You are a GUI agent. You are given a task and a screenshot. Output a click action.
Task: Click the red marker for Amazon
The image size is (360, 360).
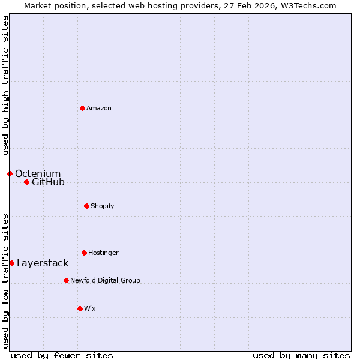(x=82, y=108)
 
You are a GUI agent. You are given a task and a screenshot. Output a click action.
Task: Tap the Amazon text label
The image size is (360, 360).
(x=99, y=109)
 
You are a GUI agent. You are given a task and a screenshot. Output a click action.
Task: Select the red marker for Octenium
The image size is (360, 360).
(x=10, y=173)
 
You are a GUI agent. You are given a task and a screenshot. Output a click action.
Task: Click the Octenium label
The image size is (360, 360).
(x=38, y=174)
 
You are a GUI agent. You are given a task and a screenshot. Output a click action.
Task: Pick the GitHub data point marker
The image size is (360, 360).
(x=26, y=182)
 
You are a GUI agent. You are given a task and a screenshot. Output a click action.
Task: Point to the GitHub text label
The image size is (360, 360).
(x=48, y=182)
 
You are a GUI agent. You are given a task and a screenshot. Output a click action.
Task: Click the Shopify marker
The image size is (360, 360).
(x=86, y=206)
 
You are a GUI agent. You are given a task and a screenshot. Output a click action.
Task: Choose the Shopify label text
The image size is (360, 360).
(x=103, y=206)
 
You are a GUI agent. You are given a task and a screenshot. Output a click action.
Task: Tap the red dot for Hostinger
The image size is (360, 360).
(x=84, y=253)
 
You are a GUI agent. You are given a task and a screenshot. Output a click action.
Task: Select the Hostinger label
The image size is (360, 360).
(x=103, y=253)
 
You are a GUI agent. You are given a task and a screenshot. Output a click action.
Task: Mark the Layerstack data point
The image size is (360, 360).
(x=11, y=263)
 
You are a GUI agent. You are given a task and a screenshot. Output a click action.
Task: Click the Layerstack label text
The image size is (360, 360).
(x=43, y=263)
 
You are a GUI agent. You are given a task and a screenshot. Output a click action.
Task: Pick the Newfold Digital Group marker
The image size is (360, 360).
(x=66, y=280)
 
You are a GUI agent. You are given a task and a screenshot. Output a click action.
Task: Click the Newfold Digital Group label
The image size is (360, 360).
(x=105, y=281)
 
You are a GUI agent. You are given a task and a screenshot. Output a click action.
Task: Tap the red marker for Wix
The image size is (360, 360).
(x=80, y=308)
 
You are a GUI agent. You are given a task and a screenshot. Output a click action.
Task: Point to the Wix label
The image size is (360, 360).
(x=90, y=309)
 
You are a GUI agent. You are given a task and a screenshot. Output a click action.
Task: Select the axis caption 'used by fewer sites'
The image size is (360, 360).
(x=62, y=355)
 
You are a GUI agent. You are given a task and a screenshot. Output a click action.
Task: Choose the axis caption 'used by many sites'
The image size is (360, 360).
(x=301, y=355)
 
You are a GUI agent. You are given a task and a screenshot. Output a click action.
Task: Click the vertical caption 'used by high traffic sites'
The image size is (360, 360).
(x=5, y=85)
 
